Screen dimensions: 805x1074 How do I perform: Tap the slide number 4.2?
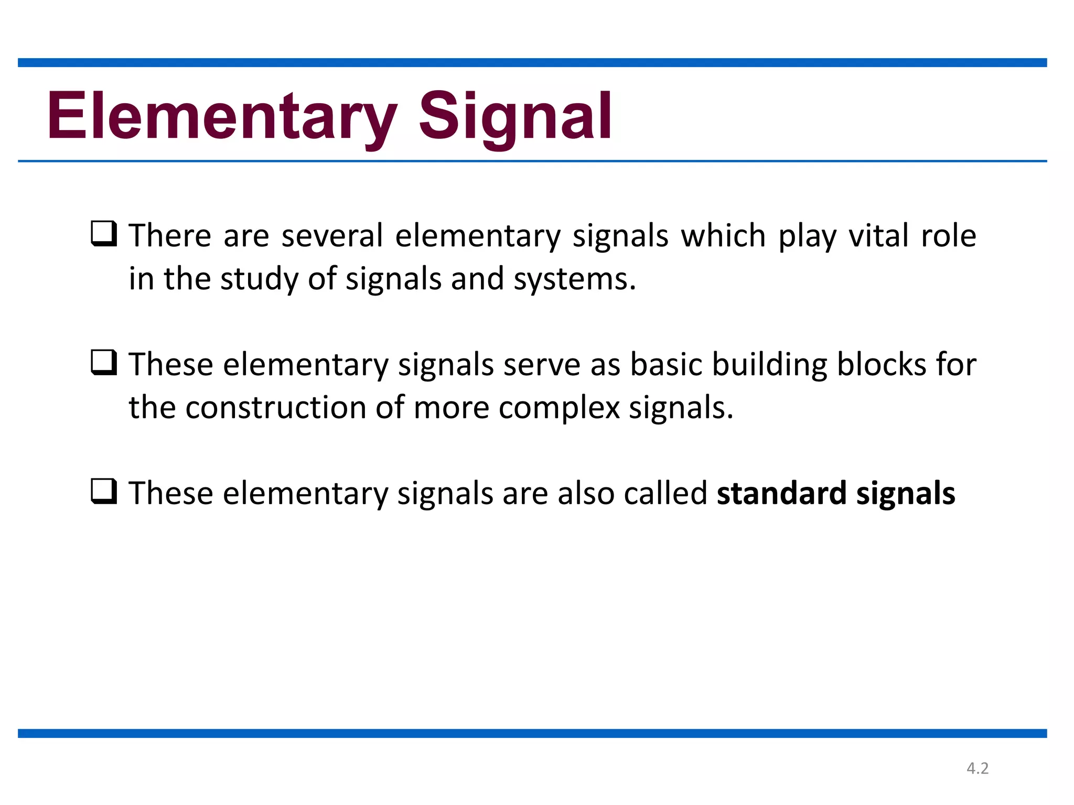click(978, 768)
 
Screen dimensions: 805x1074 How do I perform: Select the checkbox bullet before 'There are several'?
click(104, 234)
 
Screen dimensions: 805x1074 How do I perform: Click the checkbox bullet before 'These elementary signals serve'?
click(104, 363)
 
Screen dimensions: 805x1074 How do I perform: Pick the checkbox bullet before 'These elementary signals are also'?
click(104, 492)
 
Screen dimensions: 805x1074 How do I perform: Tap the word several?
click(332, 235)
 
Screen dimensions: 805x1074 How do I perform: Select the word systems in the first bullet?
click(574, 279)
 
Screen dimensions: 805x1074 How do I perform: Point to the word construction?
click(276, 408)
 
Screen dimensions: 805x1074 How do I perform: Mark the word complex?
click(559, 408)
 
